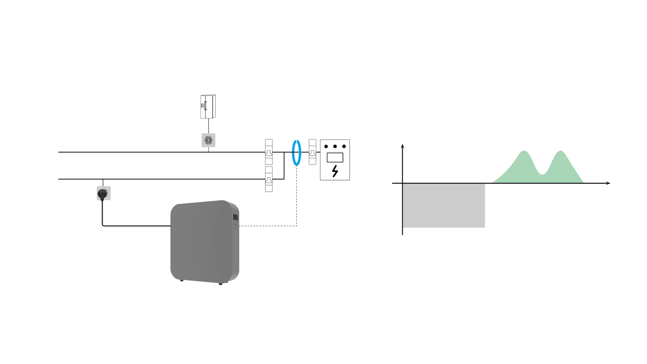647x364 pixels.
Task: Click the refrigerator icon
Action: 208,106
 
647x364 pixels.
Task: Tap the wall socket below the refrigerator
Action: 208,140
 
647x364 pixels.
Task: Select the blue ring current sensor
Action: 296,152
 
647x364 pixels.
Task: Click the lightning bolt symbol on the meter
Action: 335,171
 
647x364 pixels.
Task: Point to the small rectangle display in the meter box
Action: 335,157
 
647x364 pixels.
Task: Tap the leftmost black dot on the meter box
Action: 326,146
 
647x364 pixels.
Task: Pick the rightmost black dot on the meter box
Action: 344,146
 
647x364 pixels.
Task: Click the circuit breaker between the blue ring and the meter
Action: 313,152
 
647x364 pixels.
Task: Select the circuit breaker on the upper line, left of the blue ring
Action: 269,152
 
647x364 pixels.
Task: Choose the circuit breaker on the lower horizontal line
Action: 269,179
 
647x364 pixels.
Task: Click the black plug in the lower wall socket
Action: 103,194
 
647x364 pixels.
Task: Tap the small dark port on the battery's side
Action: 235,218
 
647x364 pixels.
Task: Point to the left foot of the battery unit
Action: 182,280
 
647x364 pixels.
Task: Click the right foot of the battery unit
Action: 220,284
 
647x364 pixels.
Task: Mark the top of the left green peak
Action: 524,151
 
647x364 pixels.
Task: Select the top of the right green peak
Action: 560,151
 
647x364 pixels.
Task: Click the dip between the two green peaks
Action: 543,174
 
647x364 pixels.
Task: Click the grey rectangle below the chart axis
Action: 444,205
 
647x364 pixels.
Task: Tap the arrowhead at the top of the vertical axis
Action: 402,146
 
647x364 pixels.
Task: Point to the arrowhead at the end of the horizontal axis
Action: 608,183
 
